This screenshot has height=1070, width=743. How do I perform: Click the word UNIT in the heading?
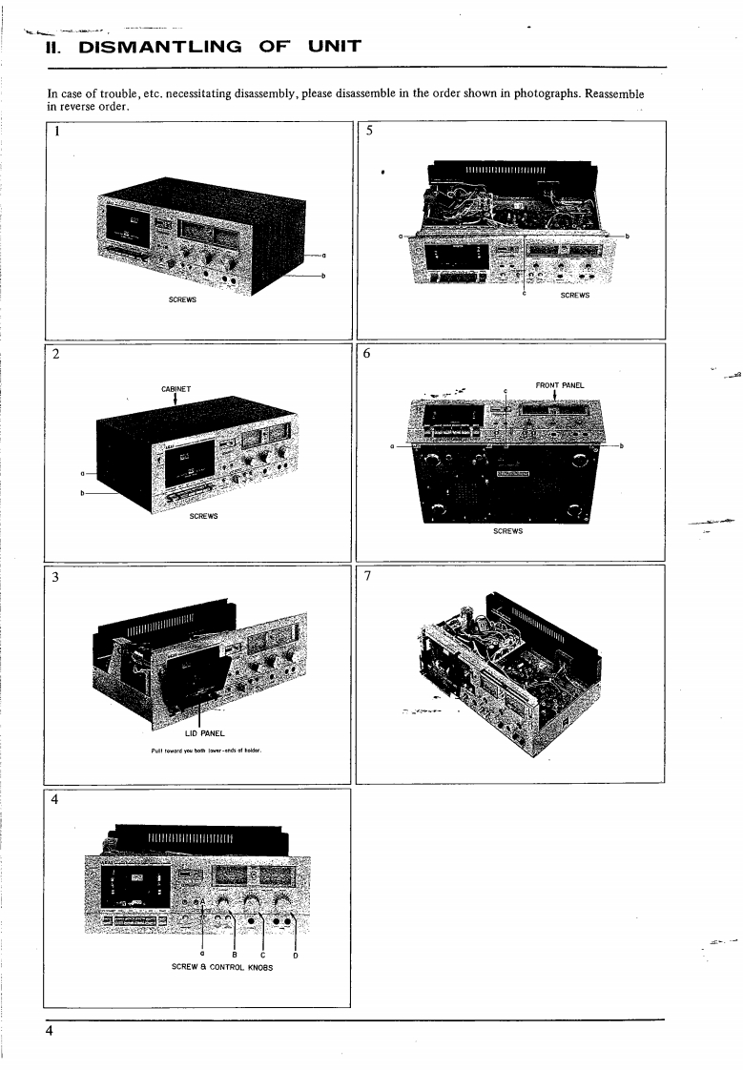point(329,45)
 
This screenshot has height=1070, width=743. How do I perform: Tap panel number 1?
point(57,133)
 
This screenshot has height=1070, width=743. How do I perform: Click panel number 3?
point(57,577)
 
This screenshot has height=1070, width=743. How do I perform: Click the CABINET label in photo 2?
point(176,388)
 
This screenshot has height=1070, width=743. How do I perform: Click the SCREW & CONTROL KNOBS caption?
point(221,967)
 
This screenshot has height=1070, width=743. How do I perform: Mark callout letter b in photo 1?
point(324,276)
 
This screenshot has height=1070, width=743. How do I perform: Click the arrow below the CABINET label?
point(176,401)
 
